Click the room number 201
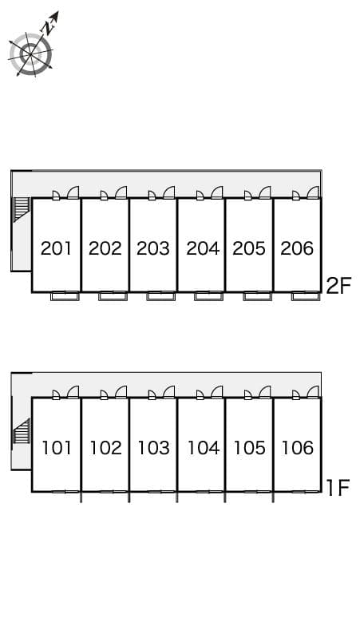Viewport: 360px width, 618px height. click(x=57, y=248)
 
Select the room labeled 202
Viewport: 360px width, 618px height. click(x=105, y=248)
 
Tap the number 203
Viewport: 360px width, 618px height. click(x=153, y=248)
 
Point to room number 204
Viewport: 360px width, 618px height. click(x=202, y=248)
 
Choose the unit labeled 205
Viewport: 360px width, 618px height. click(x=249, y=248)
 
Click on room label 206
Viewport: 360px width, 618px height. click(x=297, y=248)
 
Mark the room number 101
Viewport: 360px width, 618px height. click(x=57, y=448)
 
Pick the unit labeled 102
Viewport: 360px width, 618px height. click(x=105, y=448)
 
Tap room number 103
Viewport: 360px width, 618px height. click(x=153, y=448)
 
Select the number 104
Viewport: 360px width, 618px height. click(x=202, y=448)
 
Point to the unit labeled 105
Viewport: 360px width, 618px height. click(x=249, y=448)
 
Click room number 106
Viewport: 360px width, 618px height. click(x=297, y=448)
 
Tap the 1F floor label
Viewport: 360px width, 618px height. click(x=338, y=487)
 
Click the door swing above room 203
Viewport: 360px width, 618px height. click(x=168, y=192)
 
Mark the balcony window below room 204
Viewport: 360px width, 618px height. click(x=208, y=296)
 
